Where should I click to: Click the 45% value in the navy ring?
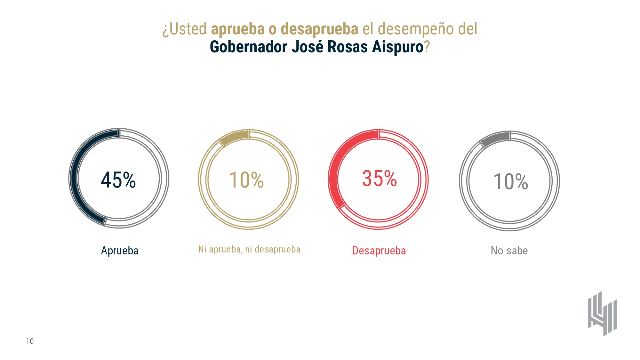pyautogui.click(x=118, y=180)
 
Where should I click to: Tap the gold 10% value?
pyautogui.click(x=246, y=180)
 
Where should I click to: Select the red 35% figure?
pyautogui.click(x=379, y=178)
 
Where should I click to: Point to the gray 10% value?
pyautogui.click(x=511, y=181)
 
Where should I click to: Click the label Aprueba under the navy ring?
pyautogui.click(x=120, y=251)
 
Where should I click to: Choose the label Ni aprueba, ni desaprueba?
pyautogui.click(x=249, y=249)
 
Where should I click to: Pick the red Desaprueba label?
pyautogui.click(x=379, y=251)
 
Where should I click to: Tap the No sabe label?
pyautogui.click(x=509, y=251)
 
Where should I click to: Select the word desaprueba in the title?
pyautogui.click(x=319, y=29)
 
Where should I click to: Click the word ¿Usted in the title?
pyautogui.click(x=184, y=29)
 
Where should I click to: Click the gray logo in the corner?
pyautogui.click(x=602, y=314)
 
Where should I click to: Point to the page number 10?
pyautogui.click(x=30, y=341)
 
